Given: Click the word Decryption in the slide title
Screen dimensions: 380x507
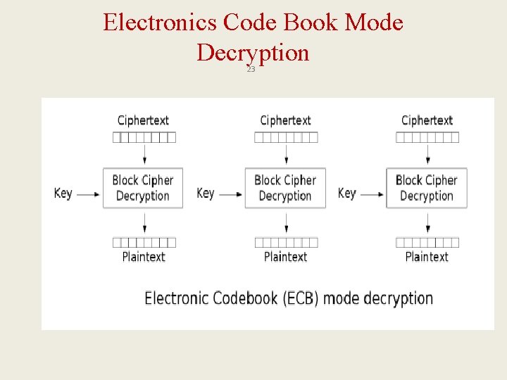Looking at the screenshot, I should tap(253, 52).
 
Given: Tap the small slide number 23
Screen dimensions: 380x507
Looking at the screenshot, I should tap(251, 70).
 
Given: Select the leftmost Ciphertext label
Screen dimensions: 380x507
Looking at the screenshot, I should tap(143, 120).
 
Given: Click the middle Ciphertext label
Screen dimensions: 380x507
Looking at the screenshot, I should tap(285, 120).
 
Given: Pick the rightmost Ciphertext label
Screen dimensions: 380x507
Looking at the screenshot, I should tap(427, 120).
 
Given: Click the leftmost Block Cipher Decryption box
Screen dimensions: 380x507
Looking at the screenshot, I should tap(143, 188).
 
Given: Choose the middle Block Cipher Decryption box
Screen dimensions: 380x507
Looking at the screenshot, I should tap(285, 188).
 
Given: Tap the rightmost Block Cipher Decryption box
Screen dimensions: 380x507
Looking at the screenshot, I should tap(427, 188).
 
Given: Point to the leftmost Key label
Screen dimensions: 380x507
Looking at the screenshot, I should tap(63, 193).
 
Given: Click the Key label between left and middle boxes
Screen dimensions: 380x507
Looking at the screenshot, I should tap(206, 193).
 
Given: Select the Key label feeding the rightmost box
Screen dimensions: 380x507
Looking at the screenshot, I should tap(347, 193).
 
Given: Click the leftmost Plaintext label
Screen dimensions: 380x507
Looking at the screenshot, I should tap(144, 257).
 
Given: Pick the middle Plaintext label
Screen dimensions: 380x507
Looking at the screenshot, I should tap(285, 257).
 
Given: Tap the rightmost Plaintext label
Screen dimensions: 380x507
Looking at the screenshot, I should tap(427, 257).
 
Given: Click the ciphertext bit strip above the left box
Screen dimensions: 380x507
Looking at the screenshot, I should tap(144, 137).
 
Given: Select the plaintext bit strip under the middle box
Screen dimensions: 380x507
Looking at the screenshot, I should tap(286, 242).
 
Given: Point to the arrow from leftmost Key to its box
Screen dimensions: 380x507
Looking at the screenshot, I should tap(88, 194).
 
